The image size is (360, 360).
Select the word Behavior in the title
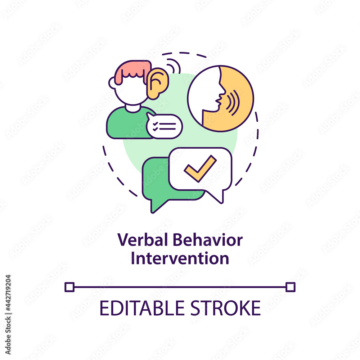coord(208,239)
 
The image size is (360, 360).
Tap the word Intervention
coord(180,258)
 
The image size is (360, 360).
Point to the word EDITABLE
coord(142,308)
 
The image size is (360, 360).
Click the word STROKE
coord(225,308)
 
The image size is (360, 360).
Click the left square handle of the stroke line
coord(69,287)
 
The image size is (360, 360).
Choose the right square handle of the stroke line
coord(291,287)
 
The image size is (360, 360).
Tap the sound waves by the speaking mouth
coord(233,103)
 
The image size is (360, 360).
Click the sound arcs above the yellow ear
coord(174,66)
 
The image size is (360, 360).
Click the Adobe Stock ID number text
coord(8,293)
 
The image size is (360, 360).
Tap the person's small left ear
coord(112,83)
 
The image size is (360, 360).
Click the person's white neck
coord(133,108)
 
